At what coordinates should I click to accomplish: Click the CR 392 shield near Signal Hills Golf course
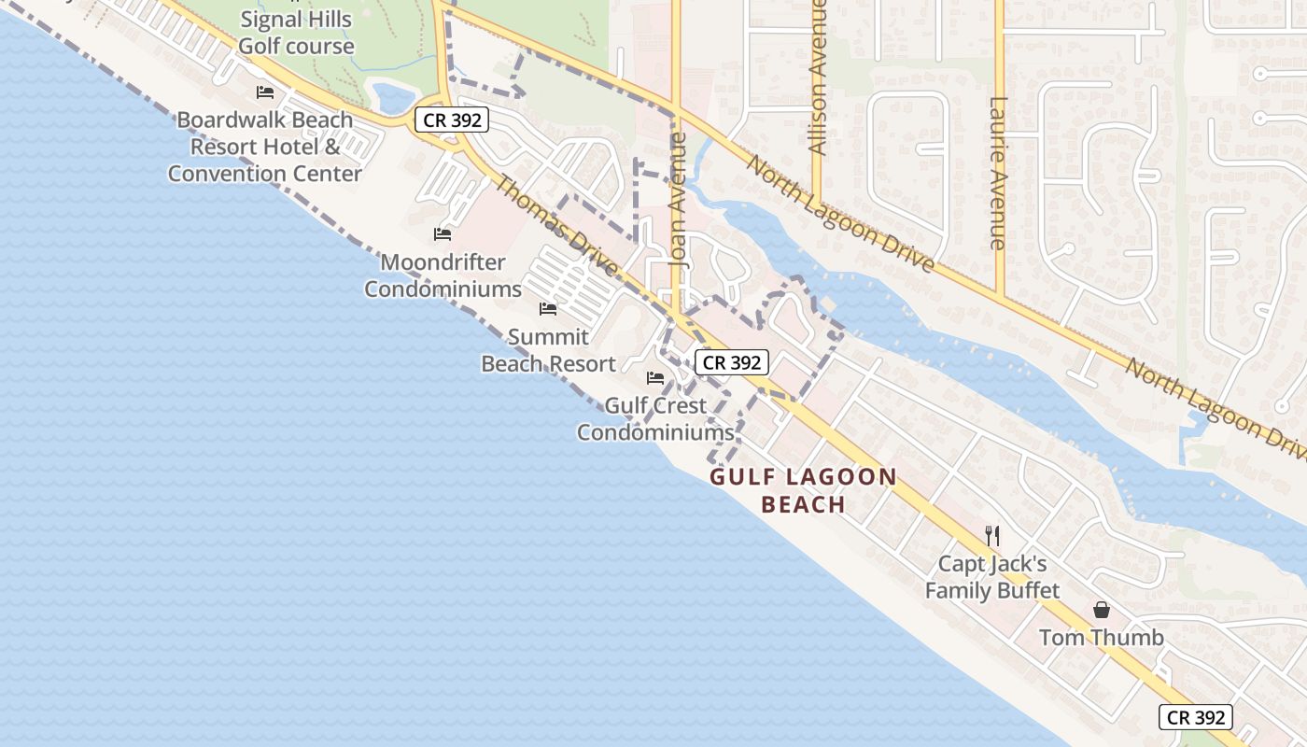pos(453,120)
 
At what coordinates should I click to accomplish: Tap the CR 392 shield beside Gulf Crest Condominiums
pos(732,362)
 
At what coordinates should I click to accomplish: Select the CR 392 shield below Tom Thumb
pos(1196,717)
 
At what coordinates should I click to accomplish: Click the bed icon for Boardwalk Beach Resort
pos(265,92)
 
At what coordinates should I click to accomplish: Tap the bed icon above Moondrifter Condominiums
pos(443,234)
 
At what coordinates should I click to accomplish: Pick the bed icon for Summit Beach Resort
pos(548,309)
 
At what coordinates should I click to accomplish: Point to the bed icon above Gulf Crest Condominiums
pos(655,378)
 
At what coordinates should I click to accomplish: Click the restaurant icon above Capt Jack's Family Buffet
pos(992,536)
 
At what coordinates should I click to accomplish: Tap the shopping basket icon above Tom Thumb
pos(1102,610)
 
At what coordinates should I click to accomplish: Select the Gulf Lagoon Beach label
pos(804,491)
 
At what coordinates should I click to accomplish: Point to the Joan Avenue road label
pos(679,200)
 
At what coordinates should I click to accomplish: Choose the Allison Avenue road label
pos(818,79)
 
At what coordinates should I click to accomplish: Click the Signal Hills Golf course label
pos(296,33)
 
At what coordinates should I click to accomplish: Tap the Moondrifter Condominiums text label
pos(443,275)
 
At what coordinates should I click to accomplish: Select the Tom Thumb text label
pos(1102,638)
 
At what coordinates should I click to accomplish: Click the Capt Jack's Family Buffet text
pos(992,577)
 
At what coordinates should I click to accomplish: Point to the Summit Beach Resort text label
pos(548,350)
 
